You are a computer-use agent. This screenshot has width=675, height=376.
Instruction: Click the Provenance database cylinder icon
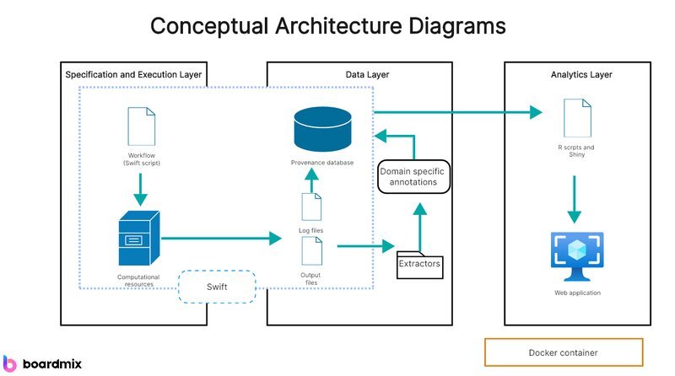coord(322,129)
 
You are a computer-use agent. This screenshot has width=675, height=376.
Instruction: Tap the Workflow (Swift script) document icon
coord(142,126)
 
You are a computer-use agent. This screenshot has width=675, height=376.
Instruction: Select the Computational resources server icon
coord(139,238)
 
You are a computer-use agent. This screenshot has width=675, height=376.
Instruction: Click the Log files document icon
coord(311,207)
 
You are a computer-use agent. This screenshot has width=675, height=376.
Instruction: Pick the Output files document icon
coord(312,251)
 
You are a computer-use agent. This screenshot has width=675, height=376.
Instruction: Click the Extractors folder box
coord(419,265)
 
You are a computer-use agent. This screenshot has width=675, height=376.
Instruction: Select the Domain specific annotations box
coord(413,177)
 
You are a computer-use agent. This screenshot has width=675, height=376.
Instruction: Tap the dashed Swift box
coord(217,287)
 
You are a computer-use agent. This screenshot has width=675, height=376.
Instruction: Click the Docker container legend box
coord(564,352)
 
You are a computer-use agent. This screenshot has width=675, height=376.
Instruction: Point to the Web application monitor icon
coord(577,256)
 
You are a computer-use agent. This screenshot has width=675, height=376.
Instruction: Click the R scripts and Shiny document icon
coord(578,118)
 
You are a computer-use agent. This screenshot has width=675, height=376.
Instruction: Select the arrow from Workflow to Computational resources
coord(140,190)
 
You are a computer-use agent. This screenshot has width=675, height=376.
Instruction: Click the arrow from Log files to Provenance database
coord(311,180)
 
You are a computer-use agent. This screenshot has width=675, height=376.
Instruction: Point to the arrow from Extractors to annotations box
coord(419,227)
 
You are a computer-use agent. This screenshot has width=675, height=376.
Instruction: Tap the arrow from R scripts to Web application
coord(575,199)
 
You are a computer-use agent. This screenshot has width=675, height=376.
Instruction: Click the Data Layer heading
coord(367,74)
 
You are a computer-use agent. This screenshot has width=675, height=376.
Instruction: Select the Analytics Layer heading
coord(581,74)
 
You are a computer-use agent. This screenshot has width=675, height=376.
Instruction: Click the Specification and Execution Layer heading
coord(133,74)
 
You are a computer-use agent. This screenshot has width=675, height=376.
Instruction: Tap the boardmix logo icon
coord(9,363)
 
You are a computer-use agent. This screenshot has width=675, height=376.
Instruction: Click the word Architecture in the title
coord(338,26)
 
